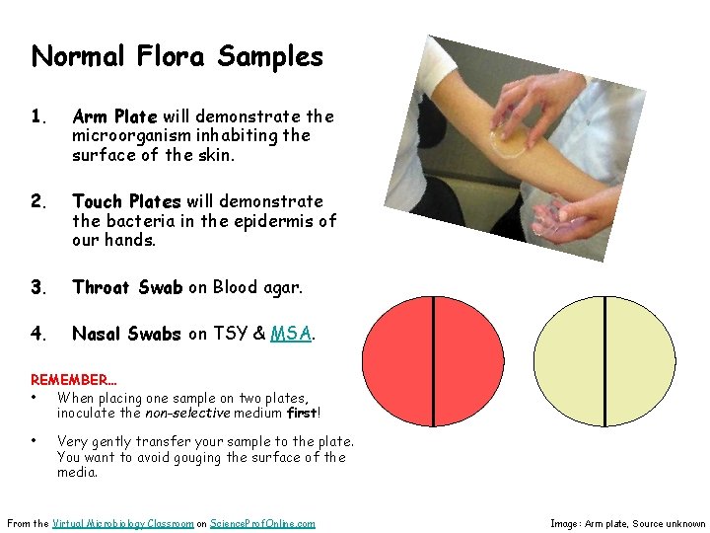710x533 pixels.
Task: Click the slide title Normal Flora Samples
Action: [x=177, y=56]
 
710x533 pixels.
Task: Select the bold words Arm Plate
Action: [x=114, y=116]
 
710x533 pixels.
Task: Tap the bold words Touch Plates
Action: [x=126, y=202]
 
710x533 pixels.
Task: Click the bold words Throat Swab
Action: [x=127, y=287]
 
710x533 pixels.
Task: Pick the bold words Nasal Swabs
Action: [x=126, y=334]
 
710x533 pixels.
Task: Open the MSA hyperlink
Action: [x=291, y=334]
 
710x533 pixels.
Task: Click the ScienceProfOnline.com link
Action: [x=262, y=523]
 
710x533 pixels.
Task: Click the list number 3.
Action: [x=38, y=287]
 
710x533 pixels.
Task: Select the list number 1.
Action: [x=37, y=116]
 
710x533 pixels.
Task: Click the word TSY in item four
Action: [x=232, y=334]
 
